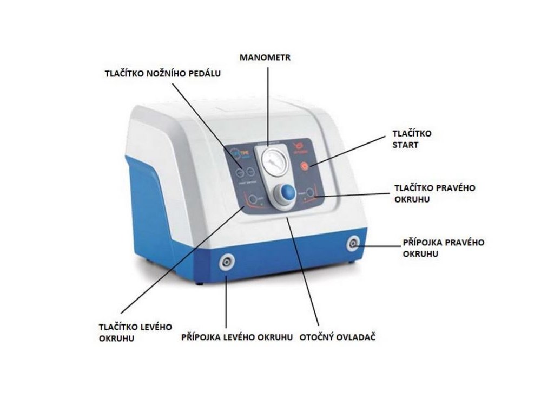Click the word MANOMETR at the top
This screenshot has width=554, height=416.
point(266,57)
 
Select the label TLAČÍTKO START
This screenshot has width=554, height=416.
point(412,139)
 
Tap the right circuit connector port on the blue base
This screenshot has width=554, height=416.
point(353,244)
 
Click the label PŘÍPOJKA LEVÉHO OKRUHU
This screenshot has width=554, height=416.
point(237,337)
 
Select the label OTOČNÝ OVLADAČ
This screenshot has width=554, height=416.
point(338,337)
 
